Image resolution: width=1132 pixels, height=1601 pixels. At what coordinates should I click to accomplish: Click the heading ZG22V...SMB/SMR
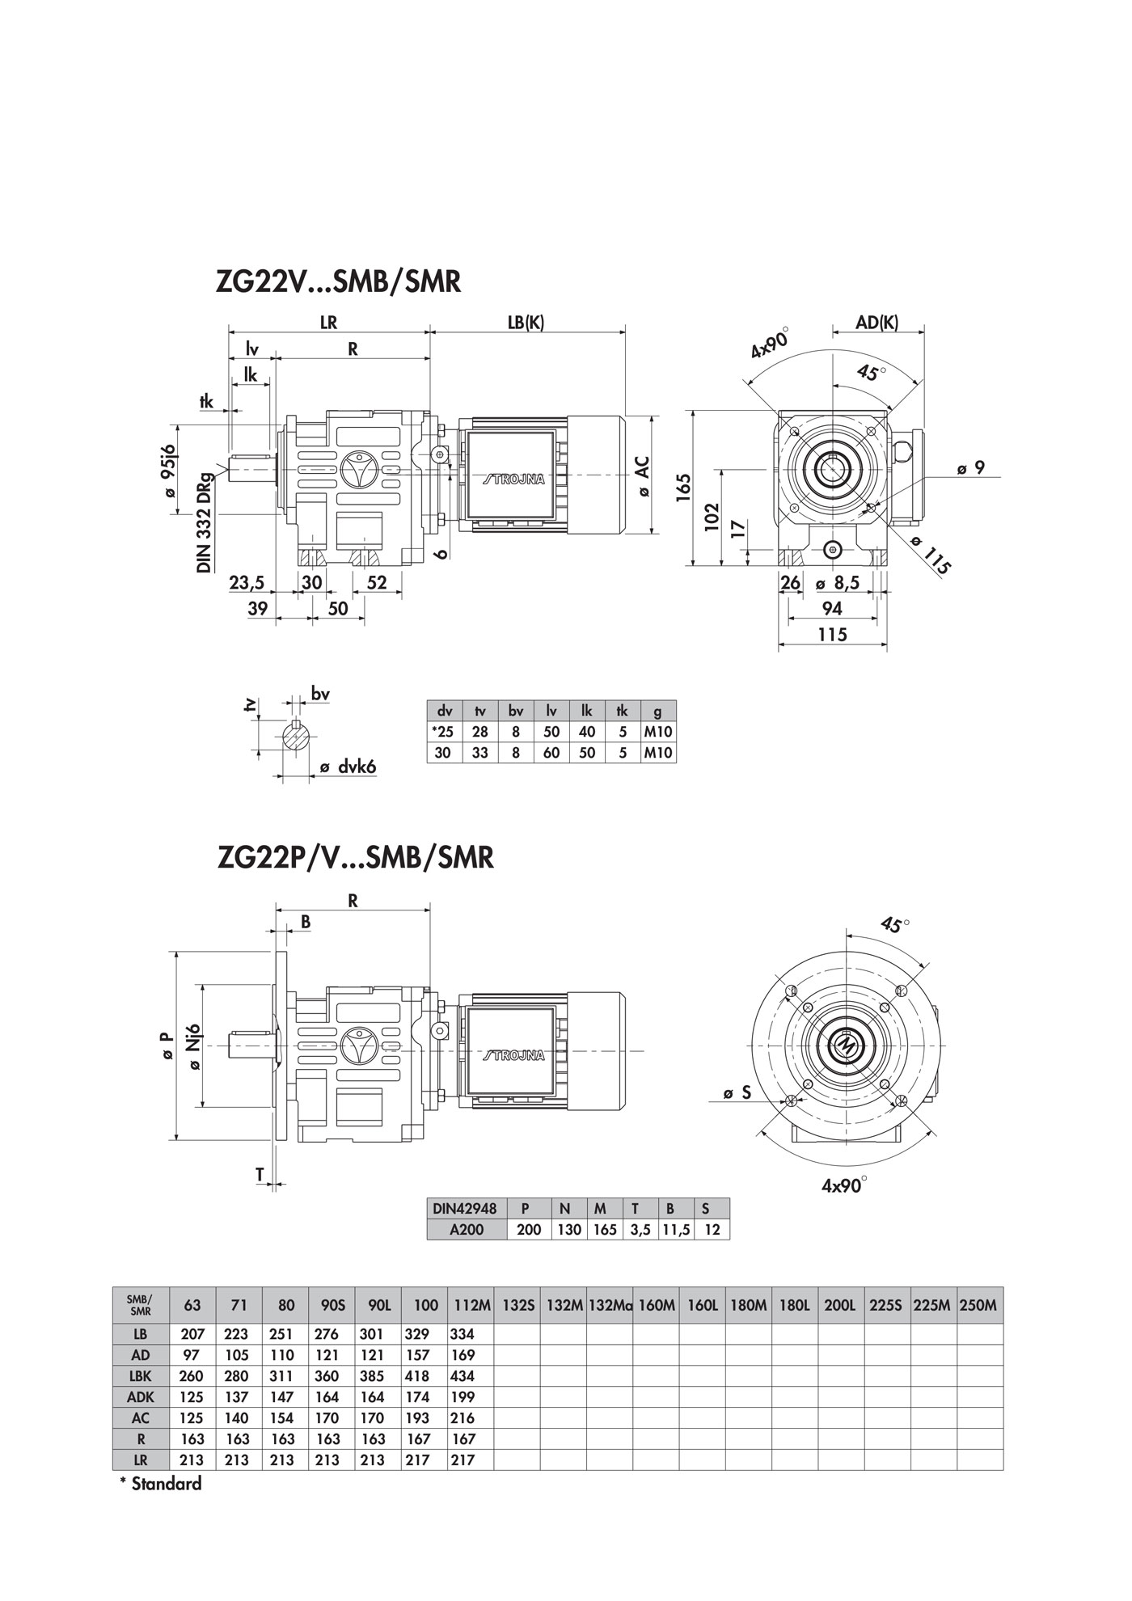point(338,281)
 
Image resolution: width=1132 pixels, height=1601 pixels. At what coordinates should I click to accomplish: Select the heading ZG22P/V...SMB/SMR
point(355,857)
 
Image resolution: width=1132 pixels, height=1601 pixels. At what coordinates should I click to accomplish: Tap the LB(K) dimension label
point(526,321)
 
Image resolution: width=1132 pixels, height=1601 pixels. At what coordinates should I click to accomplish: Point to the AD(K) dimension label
point(877,322)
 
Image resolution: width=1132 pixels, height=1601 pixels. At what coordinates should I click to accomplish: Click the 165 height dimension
point(683,488)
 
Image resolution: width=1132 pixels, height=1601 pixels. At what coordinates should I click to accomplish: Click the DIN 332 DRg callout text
point(205,522)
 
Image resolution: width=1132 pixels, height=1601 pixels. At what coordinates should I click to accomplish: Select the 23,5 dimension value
point(247,582)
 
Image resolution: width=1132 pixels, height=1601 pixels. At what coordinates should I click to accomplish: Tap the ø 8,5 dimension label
point(837,582)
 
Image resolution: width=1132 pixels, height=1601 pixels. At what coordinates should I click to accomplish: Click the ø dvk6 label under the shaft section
point(348,767)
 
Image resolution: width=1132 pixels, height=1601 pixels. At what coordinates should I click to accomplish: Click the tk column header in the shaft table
point(622,712)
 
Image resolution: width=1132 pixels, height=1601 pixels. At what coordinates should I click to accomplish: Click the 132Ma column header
point(610,1305)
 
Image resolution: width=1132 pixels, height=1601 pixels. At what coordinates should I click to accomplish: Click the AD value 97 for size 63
point(192,1354)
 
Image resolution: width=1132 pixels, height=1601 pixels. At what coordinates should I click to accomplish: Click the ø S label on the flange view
point(737,1093)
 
